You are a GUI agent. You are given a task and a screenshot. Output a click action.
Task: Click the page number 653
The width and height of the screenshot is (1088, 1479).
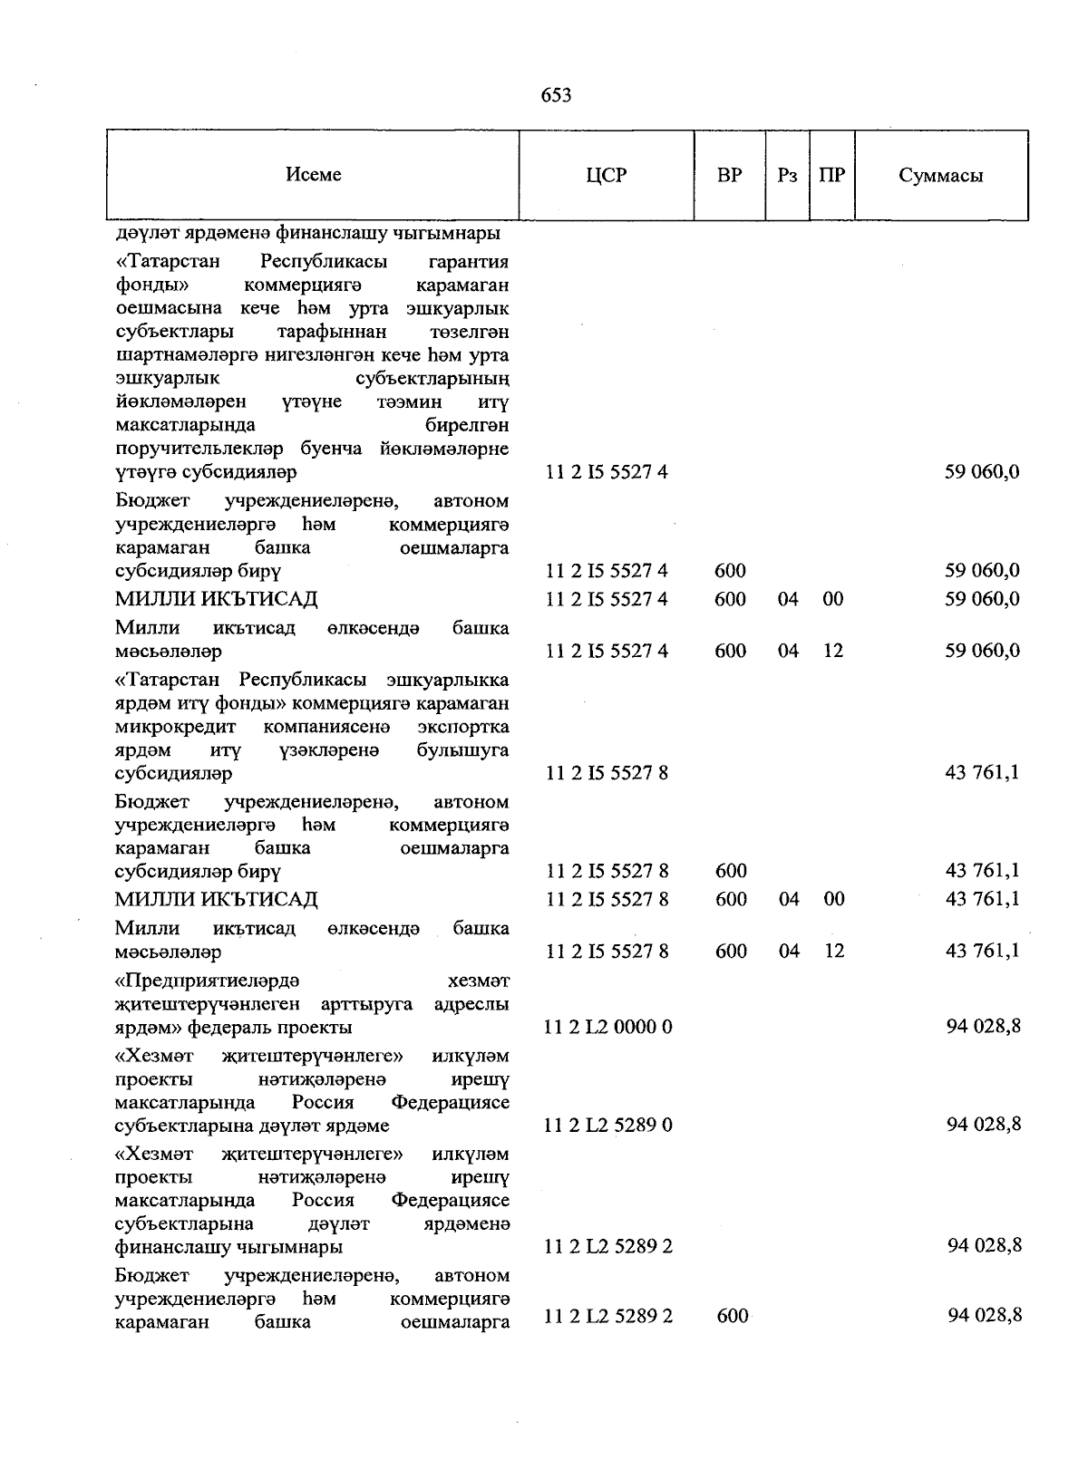click(556, 95)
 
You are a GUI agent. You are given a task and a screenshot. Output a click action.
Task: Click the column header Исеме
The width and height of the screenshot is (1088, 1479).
click(314, 174)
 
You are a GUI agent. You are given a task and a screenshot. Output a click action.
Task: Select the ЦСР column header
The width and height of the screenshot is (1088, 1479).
click(606, 176)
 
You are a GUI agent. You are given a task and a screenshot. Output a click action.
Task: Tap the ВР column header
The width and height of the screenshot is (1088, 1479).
click(729, 175)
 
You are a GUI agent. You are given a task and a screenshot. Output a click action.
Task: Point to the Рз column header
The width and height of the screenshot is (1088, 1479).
click(787, 176)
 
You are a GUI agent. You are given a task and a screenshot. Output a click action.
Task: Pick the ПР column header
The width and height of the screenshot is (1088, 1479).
click(831, 175)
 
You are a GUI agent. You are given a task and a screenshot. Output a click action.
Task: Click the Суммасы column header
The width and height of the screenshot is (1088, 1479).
click(940, 176)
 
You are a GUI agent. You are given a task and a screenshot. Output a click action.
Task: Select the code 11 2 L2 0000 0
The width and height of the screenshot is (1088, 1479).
click(607, 1027)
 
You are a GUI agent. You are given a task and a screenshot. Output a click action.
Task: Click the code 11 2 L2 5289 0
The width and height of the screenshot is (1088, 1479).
click(607, 1125)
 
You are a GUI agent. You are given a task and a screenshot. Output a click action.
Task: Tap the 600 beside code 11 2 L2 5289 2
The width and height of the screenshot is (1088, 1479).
click(732, 1316)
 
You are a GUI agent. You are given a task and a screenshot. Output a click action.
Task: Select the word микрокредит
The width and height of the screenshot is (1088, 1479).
click(175, 727)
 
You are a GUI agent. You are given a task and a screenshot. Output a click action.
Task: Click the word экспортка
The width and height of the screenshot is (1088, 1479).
click(463, 727)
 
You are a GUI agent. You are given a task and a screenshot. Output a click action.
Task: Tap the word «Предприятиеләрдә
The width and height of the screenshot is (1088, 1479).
click(208, 981)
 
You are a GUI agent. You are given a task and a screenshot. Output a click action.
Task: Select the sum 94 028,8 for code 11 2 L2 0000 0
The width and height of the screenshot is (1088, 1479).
click(984, 1026)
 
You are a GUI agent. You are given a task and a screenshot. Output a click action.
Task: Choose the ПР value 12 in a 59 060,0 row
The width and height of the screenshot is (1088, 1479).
click(833, 651)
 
